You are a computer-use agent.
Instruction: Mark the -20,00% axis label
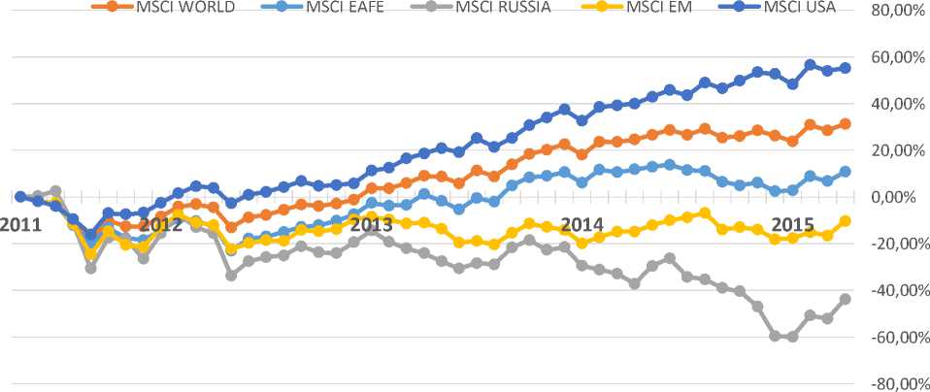coord(892,244)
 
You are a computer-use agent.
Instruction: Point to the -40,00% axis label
coord(892,290)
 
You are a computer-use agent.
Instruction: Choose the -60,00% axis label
coord(892,337)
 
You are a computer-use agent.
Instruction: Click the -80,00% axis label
coord(892,383)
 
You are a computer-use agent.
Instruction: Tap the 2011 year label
coord(19,224)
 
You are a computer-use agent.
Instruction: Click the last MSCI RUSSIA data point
coord(845,299)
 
